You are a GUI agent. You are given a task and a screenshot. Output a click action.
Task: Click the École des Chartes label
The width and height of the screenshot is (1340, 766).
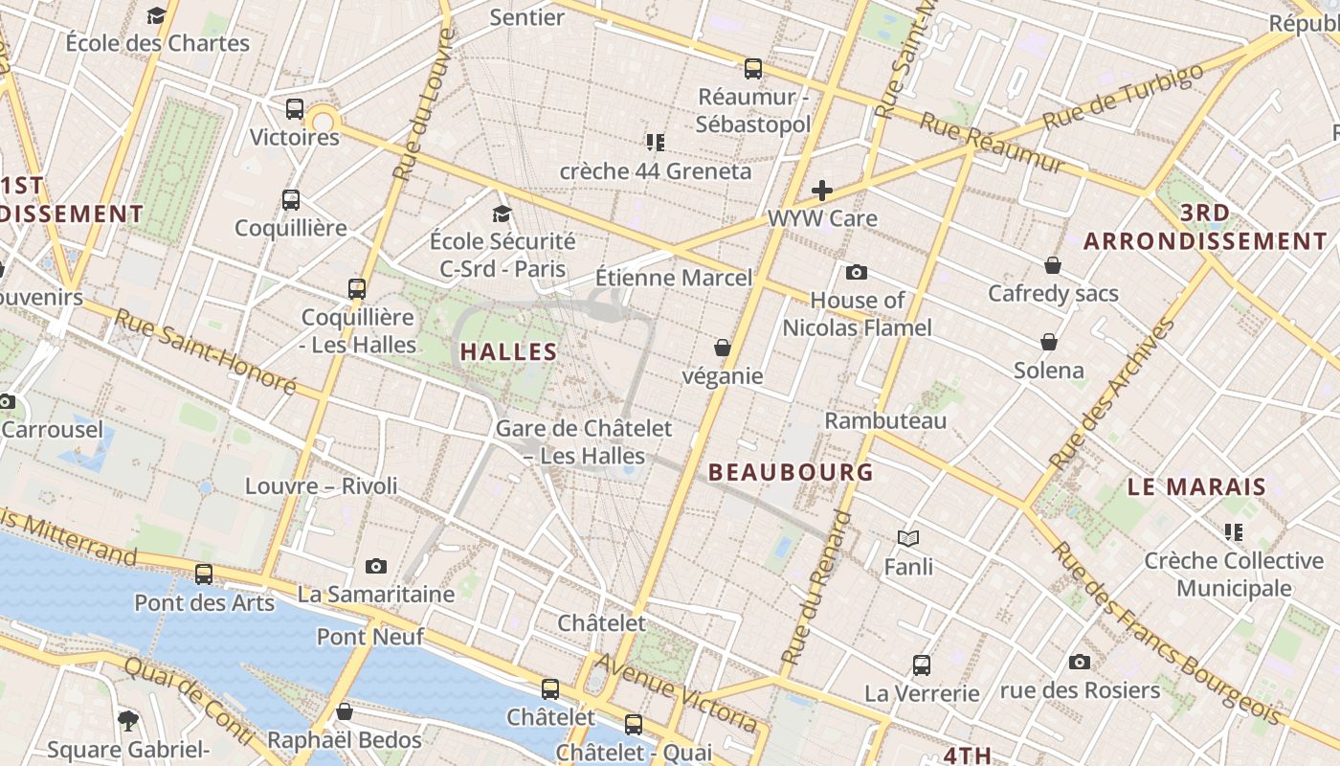pyautogui.click(x=157, y=43)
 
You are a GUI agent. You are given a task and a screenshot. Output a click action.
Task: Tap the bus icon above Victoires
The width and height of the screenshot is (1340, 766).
pyautogui.click(x=295, y=109)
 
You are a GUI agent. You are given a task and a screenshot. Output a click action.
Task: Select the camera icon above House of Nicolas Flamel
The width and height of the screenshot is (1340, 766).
pyautogui.click(x=857, y=273)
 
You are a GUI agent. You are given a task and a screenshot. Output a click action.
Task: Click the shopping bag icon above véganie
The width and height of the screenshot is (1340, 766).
pyautogui.click(x=723, y=348)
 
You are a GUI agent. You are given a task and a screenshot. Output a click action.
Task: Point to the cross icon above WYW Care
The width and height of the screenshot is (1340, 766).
pyautogui.click(x=821, y=191)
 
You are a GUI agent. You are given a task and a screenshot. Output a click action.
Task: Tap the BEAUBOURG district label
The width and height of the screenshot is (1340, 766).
pyautogui.click(x=791, y=472)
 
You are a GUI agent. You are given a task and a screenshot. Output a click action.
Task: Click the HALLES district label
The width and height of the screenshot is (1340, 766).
pyautogui.click(x=508, y=352)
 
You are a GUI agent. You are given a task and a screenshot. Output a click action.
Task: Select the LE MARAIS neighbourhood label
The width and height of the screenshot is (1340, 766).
pyautogui.click(x=1196, y=487)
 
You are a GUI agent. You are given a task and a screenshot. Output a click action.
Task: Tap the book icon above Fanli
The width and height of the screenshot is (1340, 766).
pyautogui.click(x=908, y=539)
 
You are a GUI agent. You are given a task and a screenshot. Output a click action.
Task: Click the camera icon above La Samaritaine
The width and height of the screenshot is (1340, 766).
pyautogui.click(x=376, y=567)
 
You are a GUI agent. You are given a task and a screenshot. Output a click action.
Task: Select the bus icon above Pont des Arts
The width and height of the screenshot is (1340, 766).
pyautogui.click(x=204, y=574)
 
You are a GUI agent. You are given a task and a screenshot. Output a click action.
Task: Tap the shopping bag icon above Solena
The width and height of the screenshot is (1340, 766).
pyautogui.click(x=1049, y=342)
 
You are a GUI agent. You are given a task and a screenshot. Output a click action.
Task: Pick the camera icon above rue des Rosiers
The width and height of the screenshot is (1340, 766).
pyautogui.click(x=1080, y=662)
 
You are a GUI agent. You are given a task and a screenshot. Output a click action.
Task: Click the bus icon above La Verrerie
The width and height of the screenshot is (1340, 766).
pyautogui.click(x=922, y=665)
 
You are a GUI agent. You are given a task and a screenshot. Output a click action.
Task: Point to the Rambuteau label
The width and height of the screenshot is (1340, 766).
pyautogui.click(x=885, y=421)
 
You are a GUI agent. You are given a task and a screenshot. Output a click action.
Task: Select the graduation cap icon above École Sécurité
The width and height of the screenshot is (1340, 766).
pyautogui.click(x=502, y=214)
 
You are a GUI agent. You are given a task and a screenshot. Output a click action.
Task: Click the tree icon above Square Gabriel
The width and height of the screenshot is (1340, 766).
pyautogui.click(x=128, y=720)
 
